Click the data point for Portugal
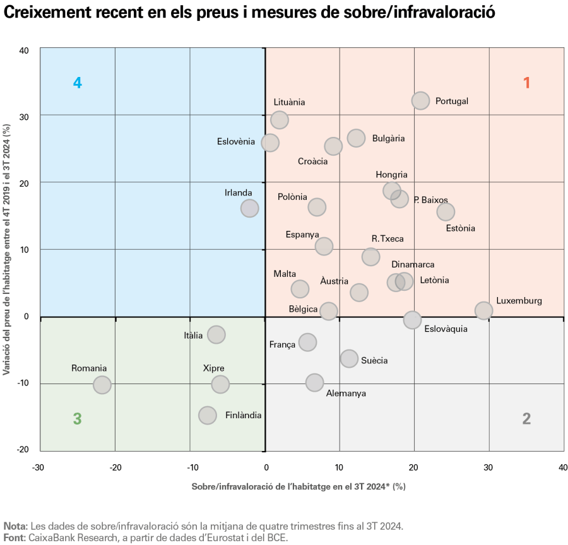[420, 100]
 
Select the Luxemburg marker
[483, 310]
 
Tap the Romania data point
[102, 385]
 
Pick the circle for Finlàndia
[207, 415]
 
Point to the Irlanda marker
[250, 208]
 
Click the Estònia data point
[446, 212]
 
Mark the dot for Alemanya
[314, 382]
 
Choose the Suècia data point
[349, 358]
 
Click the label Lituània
[289, 102]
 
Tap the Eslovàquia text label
[446, 329]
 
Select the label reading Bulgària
[388, 139]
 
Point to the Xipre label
[213, 368]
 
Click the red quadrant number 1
[526, 83]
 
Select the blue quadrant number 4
[78, 83]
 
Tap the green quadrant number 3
[78, 418]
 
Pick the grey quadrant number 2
[526, 418]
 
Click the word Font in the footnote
[14, 537]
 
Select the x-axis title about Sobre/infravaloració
[299, 486]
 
